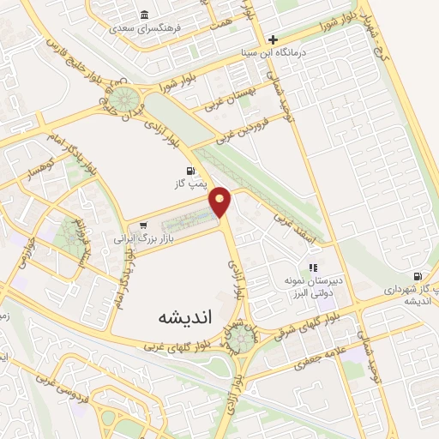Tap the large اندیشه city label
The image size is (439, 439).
[159, 316]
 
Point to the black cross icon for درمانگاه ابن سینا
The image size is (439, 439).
[273, 39]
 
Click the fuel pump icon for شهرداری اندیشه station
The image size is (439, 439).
[418, 276]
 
